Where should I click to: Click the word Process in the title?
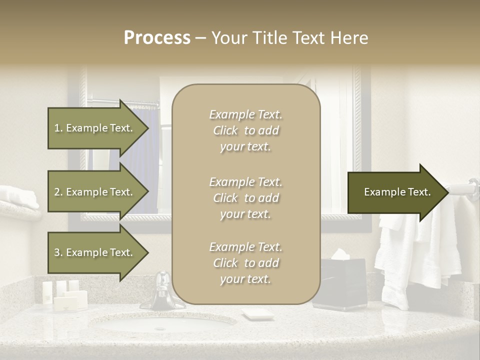tap(157, 37)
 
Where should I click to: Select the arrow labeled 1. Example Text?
tap(95, 128)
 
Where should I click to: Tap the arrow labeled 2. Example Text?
tap(95, 192)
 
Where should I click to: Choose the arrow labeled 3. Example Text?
tap(95, 252)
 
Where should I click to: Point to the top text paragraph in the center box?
tap(245, 130)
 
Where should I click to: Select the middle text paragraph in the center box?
tap(245, 198)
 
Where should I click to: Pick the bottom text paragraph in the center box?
tap(245, 263)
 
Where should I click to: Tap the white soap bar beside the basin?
tap(257, 314)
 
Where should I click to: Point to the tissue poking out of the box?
tap(340, 254)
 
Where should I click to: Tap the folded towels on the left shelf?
tap(19, 197)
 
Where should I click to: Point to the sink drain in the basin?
tap(160, 328)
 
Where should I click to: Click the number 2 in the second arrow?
tap(56, 192)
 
